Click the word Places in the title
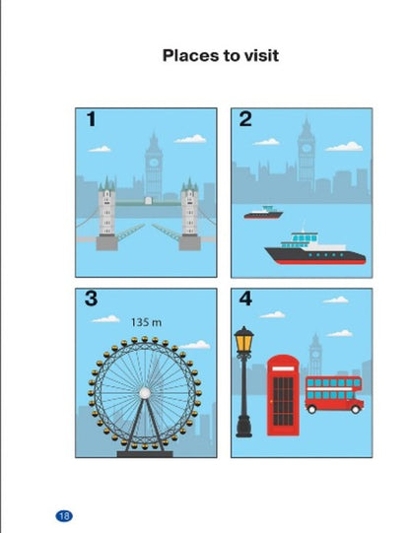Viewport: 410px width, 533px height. pos(191,56)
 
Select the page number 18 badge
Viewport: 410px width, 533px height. pos(64,516)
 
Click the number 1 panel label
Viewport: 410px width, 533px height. pos(91,119)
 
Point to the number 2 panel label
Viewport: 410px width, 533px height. pos(245,119)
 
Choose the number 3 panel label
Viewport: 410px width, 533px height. pos(91,299)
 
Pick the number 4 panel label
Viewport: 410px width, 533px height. pos(245,299)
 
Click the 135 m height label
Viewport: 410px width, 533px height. pos(146,322)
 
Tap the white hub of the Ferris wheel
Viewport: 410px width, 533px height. pos(145,393)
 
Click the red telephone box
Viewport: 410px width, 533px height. pos(283,395)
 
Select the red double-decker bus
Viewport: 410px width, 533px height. pos(334,394)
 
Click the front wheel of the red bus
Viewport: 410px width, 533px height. pos(355,409)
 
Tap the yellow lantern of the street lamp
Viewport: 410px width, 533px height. pos(243,339)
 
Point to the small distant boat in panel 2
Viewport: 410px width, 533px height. pos(263,213)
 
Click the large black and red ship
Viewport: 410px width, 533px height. pos(315,250)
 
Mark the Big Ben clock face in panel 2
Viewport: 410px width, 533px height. pos(307,148)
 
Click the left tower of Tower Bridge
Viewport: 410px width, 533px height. pos(106,213)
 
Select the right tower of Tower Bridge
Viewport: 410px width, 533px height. pos(189,213)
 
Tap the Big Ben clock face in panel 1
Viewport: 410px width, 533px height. pos(154,163)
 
